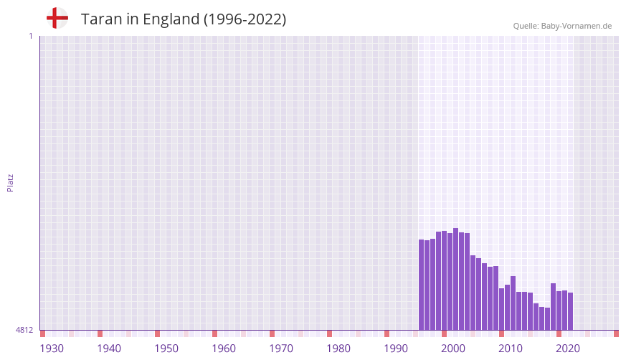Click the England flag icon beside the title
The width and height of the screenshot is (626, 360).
coord(57,19)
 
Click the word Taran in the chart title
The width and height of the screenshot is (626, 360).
coord(100,19)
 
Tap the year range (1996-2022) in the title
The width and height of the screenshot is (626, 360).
coord(245,19)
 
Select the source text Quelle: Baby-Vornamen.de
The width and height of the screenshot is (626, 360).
coord(562,26)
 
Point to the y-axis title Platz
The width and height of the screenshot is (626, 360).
coord(10,182)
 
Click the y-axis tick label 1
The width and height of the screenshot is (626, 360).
coord(30,36)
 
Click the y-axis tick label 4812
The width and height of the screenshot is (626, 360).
coord(24,330)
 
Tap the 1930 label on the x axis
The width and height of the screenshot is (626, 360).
coord(52,349)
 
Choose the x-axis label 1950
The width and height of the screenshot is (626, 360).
coord(166,349)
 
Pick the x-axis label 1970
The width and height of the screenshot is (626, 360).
coord(281,349)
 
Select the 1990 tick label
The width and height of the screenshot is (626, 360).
coord(396,349)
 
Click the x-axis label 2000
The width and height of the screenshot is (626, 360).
coord(453,349)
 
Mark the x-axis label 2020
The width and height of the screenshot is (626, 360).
coord(568,349)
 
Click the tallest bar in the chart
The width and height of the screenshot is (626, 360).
coord(455,279)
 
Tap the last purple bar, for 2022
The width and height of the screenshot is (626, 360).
coord(570,311)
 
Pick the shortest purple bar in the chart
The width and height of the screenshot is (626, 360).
coord(547,319)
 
